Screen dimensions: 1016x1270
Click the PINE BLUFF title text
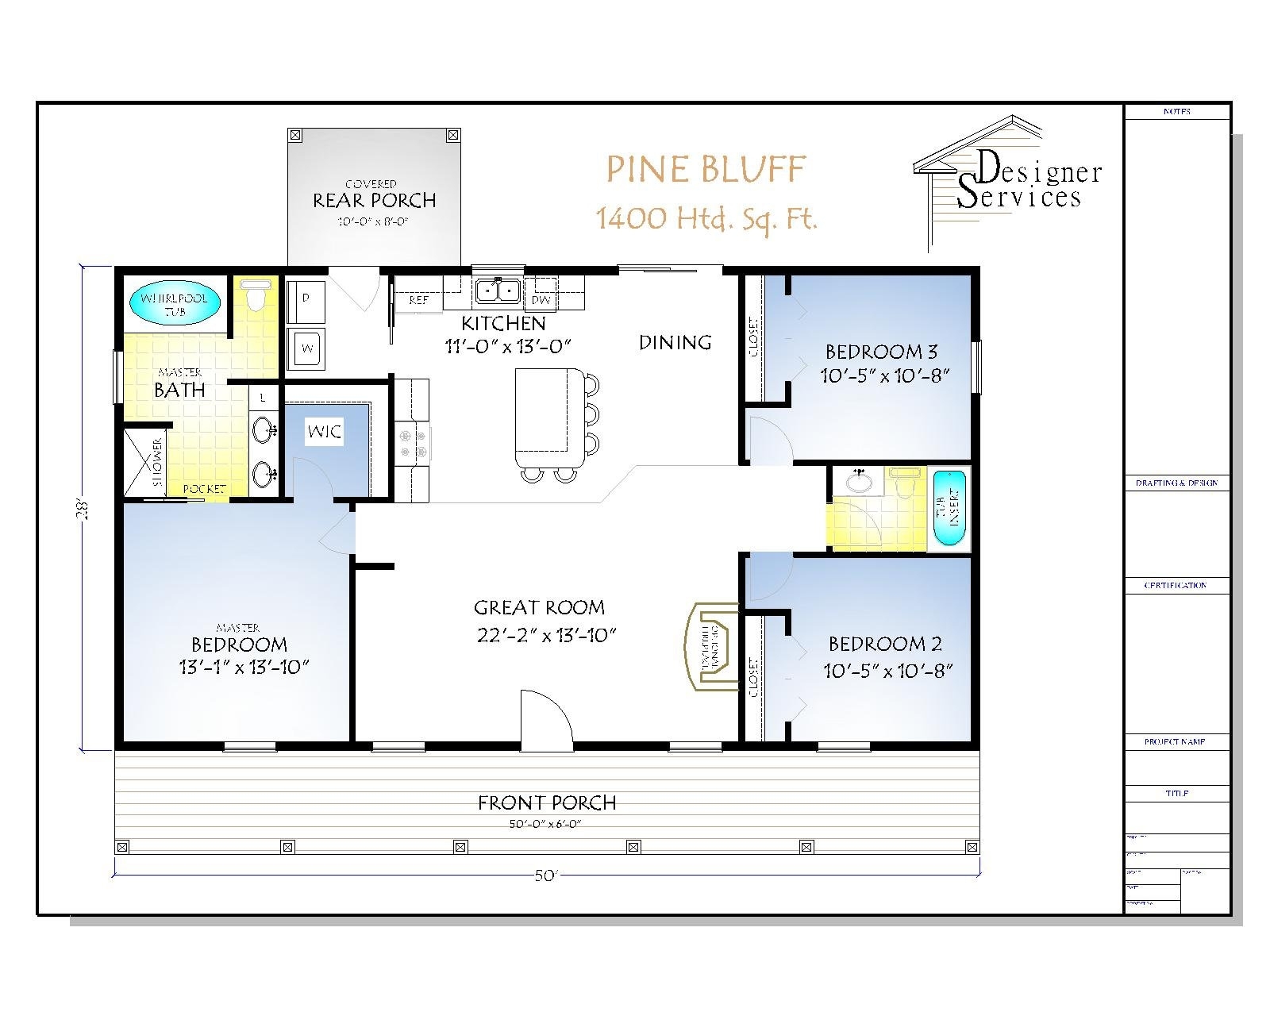(706, 170)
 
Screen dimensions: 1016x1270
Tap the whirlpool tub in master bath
(174, 304)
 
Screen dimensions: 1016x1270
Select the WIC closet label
(324, 432)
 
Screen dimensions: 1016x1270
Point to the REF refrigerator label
(418, 300)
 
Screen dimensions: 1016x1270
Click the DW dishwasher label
(541, 300)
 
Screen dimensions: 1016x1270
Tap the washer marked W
(306, 348)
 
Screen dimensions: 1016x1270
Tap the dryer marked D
(306, 298)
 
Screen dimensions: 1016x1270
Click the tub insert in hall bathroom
(948, 508)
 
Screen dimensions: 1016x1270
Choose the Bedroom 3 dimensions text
(885, 375)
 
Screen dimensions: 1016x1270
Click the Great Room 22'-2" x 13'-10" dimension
(547, 635)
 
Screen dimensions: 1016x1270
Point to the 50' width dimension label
(547, 876)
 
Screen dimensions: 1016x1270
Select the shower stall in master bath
(144, 463)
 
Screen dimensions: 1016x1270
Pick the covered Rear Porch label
(374, 200)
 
